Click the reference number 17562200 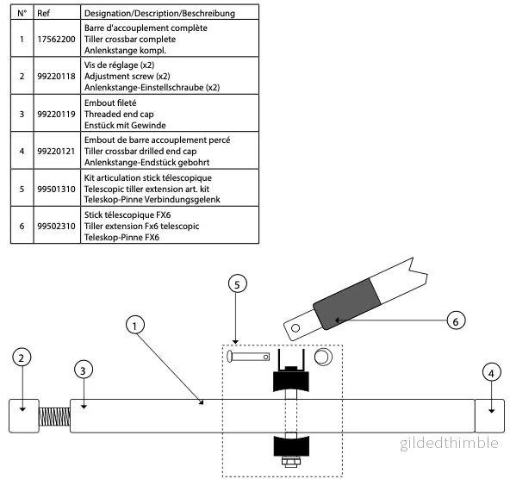[56, 40]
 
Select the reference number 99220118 [56, 77]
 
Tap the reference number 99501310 [56, 189]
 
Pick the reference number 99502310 [56, 226]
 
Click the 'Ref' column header [44, 13]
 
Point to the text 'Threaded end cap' [119, 114]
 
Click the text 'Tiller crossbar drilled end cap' [140, 152]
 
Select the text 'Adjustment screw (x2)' [127, 77]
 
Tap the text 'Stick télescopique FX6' [127, 215]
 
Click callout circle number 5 [238, 284]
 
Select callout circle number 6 [456, 320]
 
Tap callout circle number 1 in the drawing [135, 325]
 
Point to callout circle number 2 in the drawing [22, 358]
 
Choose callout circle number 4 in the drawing [491, 373]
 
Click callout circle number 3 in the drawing [84, 370]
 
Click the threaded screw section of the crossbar [54, 417]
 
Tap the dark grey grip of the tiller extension [347, 303]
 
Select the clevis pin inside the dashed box [248, 357]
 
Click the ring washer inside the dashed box [323, 357]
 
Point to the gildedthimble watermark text [449, 443]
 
